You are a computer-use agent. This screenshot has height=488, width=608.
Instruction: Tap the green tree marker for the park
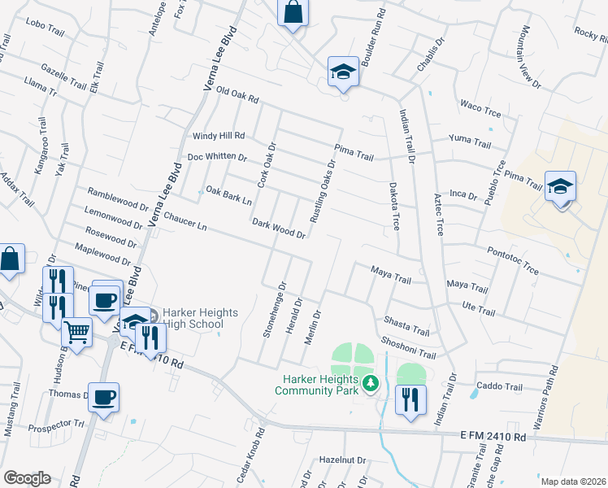[x=371, y=382]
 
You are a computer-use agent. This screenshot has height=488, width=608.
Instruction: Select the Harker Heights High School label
[x=193, y=317]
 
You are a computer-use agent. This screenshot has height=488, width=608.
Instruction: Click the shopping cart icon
[x=77, y=332]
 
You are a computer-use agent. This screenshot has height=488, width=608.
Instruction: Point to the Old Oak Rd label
[x=237, y=97]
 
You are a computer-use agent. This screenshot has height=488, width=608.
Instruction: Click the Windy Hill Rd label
[x=218, y=136]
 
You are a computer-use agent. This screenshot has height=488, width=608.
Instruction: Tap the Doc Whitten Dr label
[x=216, y=156]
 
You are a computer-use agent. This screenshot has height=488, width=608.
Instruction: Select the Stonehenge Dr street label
[x=283, y=310]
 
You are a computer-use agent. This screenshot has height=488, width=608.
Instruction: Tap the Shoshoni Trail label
[x=408, y=347]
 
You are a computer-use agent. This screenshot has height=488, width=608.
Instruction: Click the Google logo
[x=27, y=478]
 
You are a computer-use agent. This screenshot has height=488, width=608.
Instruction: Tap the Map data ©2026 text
[x=572, y=481]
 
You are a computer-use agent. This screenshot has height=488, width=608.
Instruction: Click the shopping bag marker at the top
[x=292, y=13]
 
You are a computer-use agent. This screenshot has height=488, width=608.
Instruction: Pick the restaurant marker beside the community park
[x=410, y=399]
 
